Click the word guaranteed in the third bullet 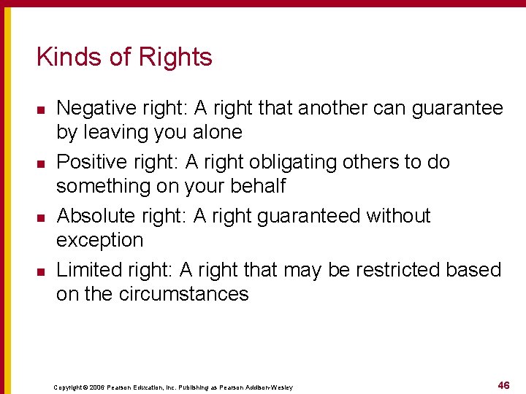302,216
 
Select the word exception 100,240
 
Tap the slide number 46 503,385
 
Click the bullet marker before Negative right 41,109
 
